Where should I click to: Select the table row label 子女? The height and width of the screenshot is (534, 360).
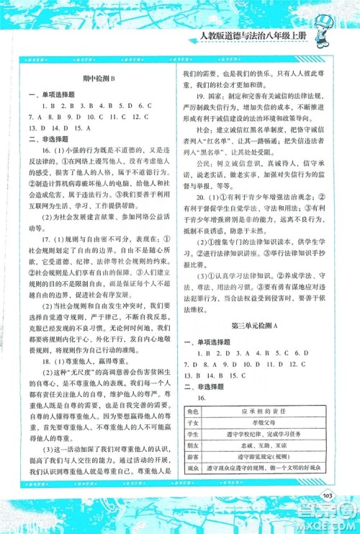click(194, 422)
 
